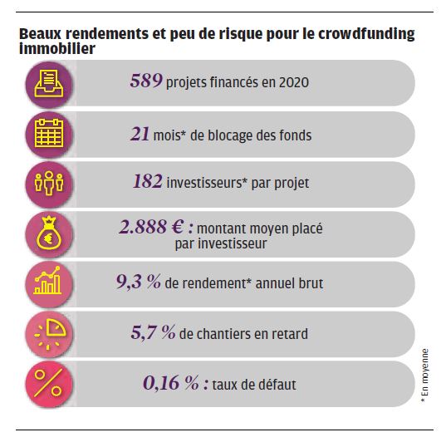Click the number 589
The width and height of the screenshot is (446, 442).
tap(146, 81)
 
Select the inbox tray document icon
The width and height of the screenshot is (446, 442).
tap(49, 83)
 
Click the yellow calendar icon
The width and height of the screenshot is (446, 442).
tap(49, 133)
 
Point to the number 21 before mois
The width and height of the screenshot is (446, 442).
tap(140, 134)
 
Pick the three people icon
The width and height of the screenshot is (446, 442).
tap(49, 183)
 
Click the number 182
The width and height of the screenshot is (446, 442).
tap(148, 181)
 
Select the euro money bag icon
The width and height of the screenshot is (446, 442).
tap(49, 233)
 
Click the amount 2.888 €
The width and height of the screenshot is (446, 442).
tap(152, 227)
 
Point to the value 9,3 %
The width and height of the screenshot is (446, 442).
tap(139, 282)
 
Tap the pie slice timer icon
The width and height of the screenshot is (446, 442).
tap(50, 333)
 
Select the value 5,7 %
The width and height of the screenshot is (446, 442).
tap(153, 332)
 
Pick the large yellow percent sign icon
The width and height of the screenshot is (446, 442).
tap(48, 383)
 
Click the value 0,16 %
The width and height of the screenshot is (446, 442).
tap(171, 383)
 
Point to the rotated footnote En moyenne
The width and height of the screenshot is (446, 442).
tap(424, 375)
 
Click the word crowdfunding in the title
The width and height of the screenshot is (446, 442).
tap(366, 34)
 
